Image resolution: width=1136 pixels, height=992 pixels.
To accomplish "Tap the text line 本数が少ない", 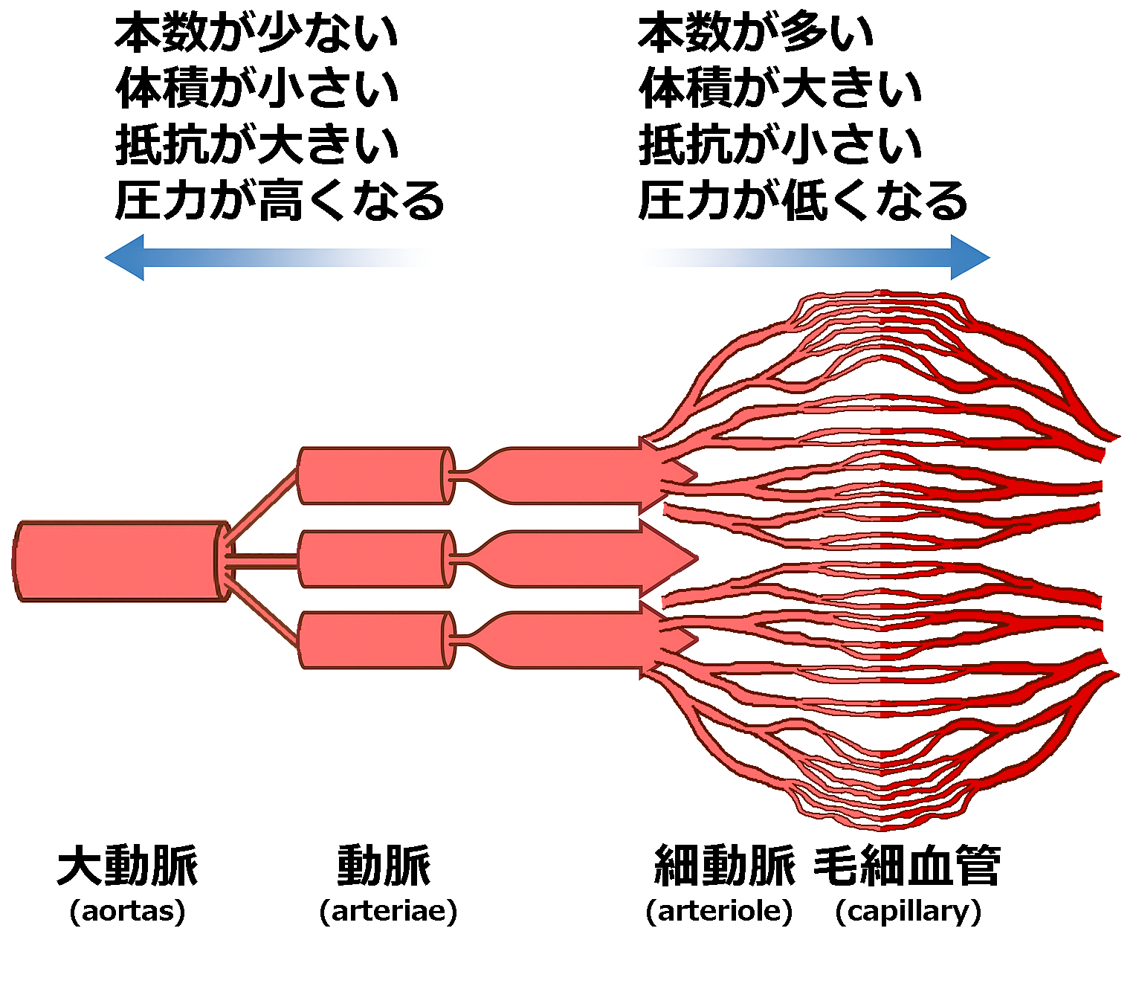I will pyautogui.click(x=256, y=33).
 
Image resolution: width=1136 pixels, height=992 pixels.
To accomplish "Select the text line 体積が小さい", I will pyautogui.click(x=256, y=88).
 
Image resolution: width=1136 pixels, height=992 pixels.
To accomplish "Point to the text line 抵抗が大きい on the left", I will pyautogui.click(x=256, y=144).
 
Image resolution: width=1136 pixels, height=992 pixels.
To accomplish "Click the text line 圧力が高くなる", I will pyautogui.click(x=280, y=201).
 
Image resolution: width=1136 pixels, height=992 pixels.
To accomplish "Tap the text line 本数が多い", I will pyautogui.click(x=756, y=33).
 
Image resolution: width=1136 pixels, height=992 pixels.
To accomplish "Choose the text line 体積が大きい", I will pyautogui.click(x=780, y=88).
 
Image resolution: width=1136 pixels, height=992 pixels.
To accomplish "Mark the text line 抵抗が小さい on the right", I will pyautogui.click(x=780, y=144).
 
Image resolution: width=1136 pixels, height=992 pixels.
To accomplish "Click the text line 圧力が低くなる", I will pyautogui.click(x=803, y=201).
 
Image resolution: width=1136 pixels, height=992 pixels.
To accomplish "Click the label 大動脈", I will pyautogui.click(x=128, y=866).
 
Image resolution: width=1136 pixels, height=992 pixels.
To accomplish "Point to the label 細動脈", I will pyautogui.click(x=724, y=866).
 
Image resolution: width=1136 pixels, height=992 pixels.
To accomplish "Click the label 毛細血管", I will pyautogui.click(x=907, y=866).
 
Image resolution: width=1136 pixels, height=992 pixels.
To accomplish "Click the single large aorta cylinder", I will pyautogui.click(x=119, y=561).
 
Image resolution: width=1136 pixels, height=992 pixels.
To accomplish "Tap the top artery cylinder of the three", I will pyautogui.click(x=374, y=475).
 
